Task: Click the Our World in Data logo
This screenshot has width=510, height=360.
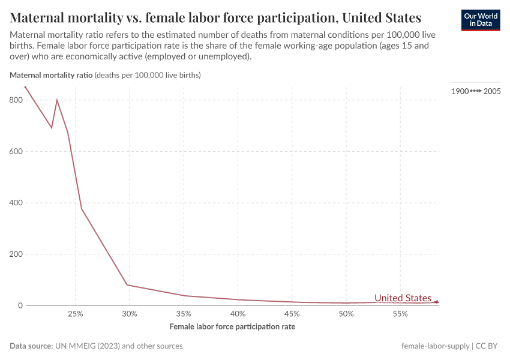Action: (x=480, y=20)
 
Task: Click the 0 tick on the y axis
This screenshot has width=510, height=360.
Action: (x=20, y=305)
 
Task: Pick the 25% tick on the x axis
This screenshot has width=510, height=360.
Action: (x=75, y=314)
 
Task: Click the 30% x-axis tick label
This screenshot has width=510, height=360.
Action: (x=130, y=314)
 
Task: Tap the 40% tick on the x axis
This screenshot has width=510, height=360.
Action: (x=238, y=314)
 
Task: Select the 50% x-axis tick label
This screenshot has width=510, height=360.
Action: (x=346, y=314)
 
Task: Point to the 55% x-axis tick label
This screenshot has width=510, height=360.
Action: (x=400, y=314)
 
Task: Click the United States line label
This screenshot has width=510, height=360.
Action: (x=403, y=298)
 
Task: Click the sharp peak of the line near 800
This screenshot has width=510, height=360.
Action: (x=57, y=100)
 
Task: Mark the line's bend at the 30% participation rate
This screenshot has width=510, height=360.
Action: (x=128, y=285)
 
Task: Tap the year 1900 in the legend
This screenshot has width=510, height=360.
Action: (x=460, y=91)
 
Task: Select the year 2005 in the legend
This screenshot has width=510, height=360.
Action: (x=492, y=91)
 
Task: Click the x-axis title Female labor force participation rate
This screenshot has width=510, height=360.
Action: (x=232, y=327)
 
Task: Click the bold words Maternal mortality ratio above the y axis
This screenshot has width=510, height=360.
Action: (x=51, y=76)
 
